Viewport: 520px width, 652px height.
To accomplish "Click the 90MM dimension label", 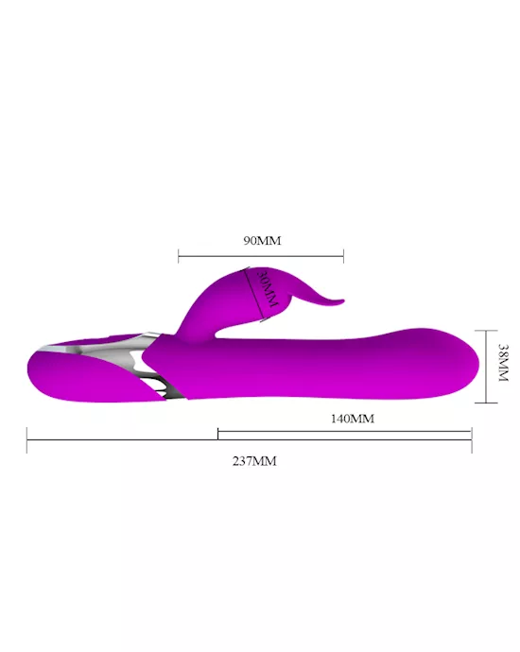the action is tap(262, 240).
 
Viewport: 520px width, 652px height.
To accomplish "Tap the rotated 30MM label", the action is tap(269, 290).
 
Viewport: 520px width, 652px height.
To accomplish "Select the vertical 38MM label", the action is tap(503, 363).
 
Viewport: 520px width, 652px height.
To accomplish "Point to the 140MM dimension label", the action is tap(353, 419).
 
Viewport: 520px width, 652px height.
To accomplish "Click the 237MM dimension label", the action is tap(254, 461).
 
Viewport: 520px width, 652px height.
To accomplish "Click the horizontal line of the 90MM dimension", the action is tap(261, 256).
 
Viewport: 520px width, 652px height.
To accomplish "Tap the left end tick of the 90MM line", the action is tap(179, 256).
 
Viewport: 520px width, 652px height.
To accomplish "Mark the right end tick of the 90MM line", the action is tap(343, 256).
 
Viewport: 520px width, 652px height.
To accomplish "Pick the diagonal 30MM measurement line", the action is tap(254, 295).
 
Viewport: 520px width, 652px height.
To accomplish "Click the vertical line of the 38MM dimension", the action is tap(486, 367).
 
